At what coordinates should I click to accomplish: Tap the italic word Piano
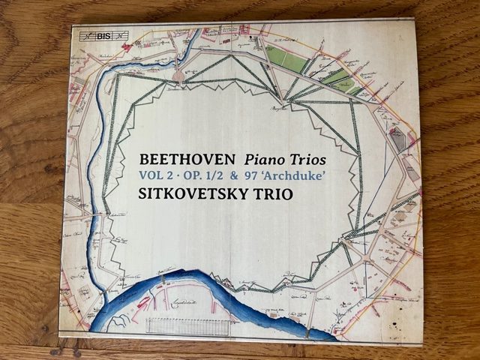265,160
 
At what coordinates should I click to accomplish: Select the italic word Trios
310,160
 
